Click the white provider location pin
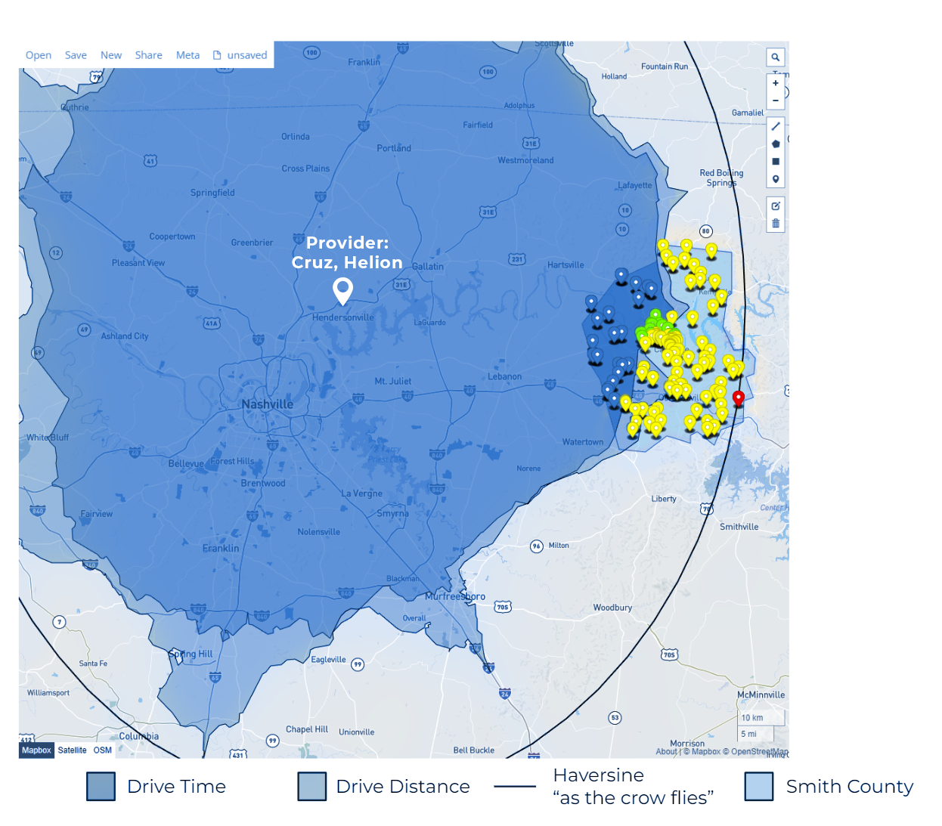(x=342, y=289)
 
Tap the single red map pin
(x=739, y=398)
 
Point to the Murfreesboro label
(x=455, y=596)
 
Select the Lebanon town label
(x=504, y=376)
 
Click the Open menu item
(x=39, y=55)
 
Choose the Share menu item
(x=148, y=55)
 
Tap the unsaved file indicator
(x=240, y=55)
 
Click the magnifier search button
(x=775, y=57)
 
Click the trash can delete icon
(x=775, y=224)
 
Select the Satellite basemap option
(x=72, y=750)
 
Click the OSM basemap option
(x=103, y=750)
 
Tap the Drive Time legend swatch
(x=101, y=786)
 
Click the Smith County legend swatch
(x=758, y=786)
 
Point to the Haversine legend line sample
(x=515, y=787)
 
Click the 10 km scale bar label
(x=752, y=718)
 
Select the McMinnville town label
(x=761, y=695)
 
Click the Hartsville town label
(x=566, y=265)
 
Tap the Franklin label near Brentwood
(x=221, y=549)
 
